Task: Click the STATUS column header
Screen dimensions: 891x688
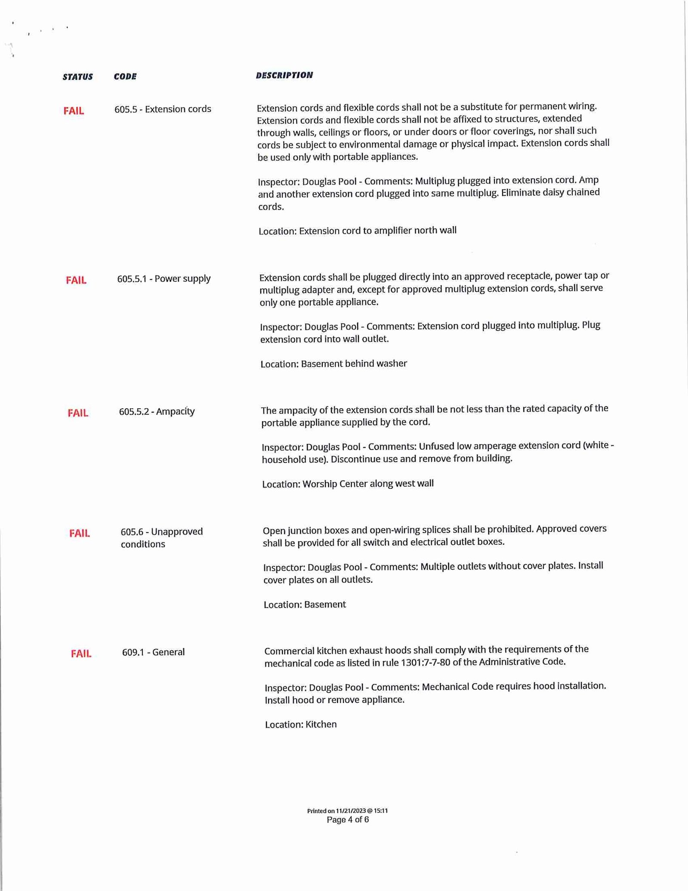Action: [x=77, y=77]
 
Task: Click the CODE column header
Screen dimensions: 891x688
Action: [x=125, y=77]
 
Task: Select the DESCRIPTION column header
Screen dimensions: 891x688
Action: [x=284, y=75]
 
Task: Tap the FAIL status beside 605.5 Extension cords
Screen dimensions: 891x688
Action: [x=74, y=111]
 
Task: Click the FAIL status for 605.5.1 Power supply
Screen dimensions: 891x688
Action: [x=76, y=281]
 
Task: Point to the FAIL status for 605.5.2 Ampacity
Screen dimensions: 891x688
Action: [x=78, y=413]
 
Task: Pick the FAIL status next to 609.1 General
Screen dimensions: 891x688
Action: [x=81, y=654]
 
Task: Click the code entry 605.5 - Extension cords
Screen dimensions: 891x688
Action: [x=163, y=109]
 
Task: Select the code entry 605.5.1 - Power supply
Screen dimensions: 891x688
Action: [x=164, y=279]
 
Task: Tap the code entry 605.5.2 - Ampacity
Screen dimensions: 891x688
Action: [x=157, y=412]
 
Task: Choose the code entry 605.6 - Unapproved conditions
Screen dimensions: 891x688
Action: [x=162, y=538]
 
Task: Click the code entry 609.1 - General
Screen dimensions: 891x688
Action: [x=154, y=652]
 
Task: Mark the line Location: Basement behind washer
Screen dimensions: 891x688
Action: [x=334, y=364]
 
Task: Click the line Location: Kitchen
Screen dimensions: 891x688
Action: [x=301, y=725]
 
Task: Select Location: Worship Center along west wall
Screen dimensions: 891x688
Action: [x=348, y=484]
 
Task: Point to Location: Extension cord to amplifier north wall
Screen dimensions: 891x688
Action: [x=357, y=231]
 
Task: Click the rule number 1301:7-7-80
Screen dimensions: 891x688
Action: [x=425, y=663]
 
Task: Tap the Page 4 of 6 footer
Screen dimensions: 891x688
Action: [x=347, y=820]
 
